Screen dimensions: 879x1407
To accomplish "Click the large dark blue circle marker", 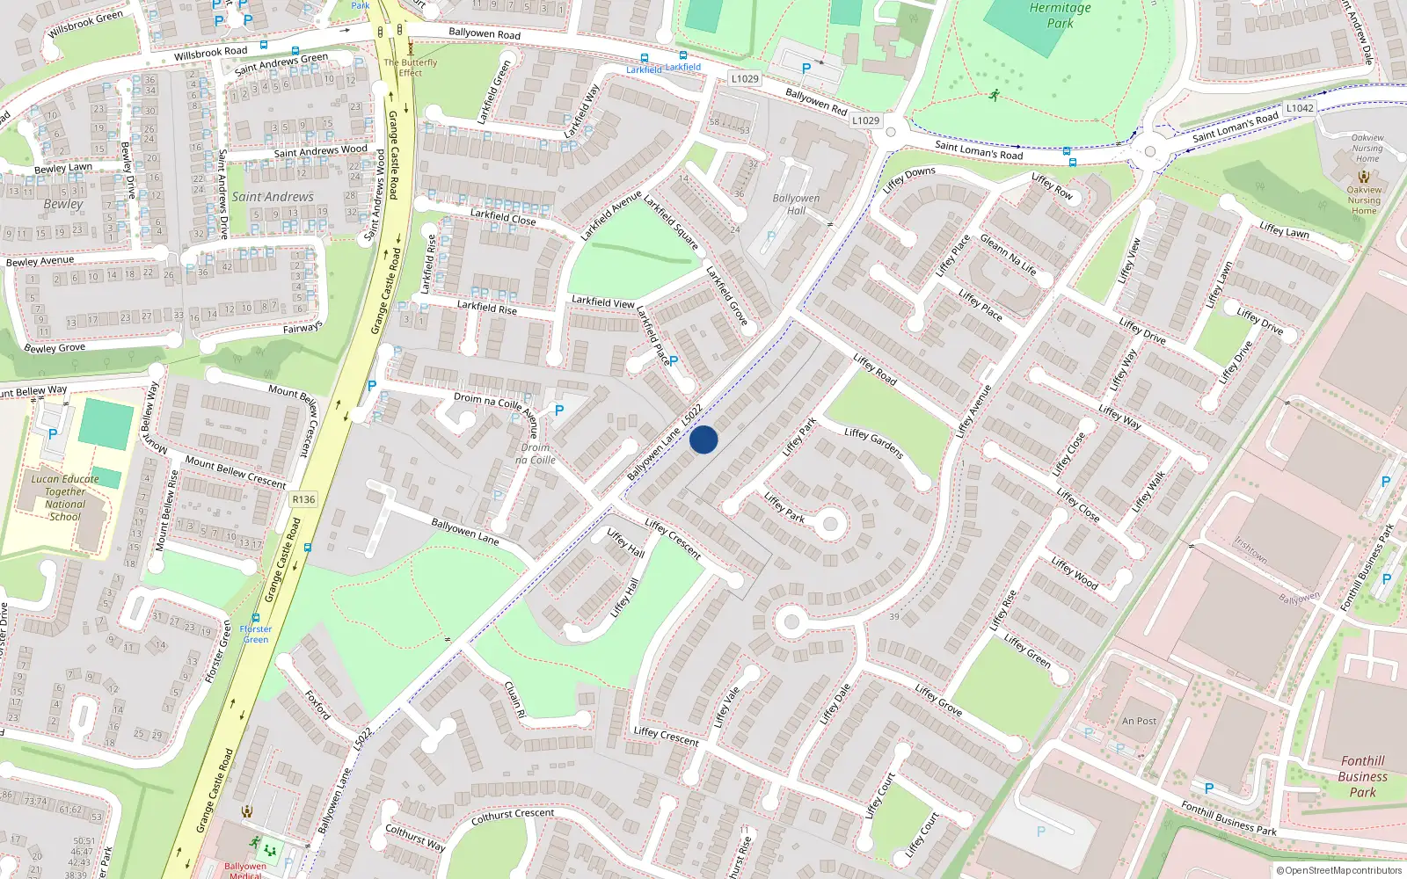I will click(x=703, y=439).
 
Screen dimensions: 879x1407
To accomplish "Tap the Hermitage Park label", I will click(x=1060, y=16).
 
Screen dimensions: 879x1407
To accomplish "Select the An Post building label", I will click(x=1139, y=721).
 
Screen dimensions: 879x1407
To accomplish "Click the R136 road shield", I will click(x=303, y=499).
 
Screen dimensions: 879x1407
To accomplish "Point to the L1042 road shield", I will click(x=1299, y=108).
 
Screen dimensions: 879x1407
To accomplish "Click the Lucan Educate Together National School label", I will click(x=65, y=498).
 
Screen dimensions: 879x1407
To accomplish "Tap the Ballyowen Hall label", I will click(x=796, y=204).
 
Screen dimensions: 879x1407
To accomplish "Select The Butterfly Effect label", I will click(x=410, y=68).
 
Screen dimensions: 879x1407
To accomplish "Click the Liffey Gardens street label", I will click(x=873, y=443).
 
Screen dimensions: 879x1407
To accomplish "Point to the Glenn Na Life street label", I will click(x=1008, y=255).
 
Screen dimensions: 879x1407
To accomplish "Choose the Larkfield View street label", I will click(x=602, y=301).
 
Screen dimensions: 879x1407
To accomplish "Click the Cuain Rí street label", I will click(x=515, y=700).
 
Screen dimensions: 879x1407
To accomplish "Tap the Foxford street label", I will click(x=317, y=705).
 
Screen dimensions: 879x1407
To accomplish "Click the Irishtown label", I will click(x=1250, y=550).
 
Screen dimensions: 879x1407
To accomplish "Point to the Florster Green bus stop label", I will click(x=256, y=634).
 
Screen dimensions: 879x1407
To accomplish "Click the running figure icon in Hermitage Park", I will click(x=994, y=95).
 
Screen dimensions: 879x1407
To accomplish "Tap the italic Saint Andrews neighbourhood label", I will click(x=273, y=197).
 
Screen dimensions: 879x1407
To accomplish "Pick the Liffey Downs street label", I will click(x=909, y=178).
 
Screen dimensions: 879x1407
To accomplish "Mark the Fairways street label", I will click(x=303, y=328).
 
